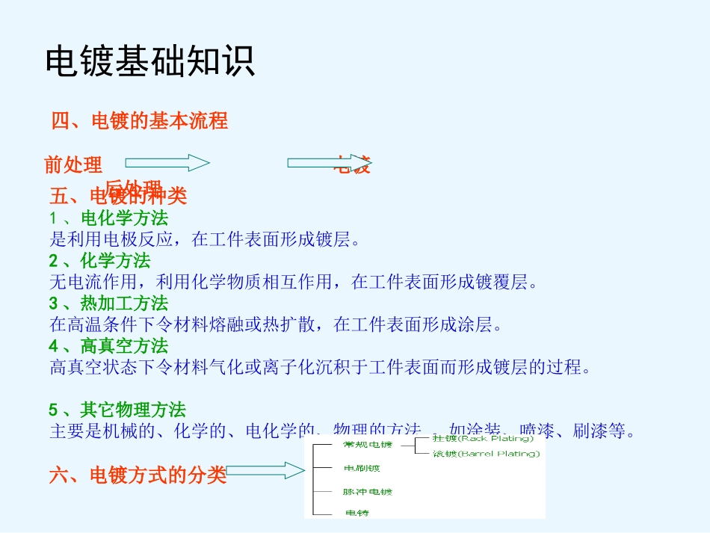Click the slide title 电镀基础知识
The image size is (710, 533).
pos(150,61)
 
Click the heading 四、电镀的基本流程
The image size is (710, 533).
pos(139,120)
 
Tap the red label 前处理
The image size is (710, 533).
pos(73,164)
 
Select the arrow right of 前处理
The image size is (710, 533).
pos(167,163)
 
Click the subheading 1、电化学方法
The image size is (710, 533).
pos(108,218)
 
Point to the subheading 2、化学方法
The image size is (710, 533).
pos(99,261)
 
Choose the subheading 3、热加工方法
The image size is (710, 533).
pos(108,304)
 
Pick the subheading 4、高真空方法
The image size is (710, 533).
pos(108,346)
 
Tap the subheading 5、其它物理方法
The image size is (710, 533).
pos(117,410)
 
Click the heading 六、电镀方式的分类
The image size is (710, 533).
pos(138,475)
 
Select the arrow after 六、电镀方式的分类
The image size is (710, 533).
pos(265,470)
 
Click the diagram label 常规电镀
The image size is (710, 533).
pos(367,445)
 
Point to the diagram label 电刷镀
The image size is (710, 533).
pos(362,469)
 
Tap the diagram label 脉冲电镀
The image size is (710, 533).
pos(368,492)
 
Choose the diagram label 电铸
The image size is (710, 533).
pos(356,513)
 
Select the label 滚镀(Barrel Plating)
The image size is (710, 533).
pos(486,453)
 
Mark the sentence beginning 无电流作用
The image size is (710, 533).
pos(294,282)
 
